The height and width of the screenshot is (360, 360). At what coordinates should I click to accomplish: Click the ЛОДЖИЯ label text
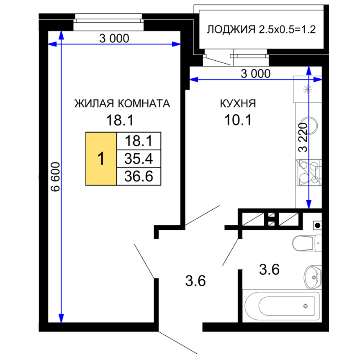click(231, 30)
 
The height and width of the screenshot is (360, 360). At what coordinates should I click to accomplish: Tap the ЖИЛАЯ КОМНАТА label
click(122, 103)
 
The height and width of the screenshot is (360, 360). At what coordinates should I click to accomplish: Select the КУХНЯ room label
click(238, 103)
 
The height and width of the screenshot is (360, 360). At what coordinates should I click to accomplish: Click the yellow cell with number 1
click(101, 159)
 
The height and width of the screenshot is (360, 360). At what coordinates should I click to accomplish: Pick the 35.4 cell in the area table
click(139, 159)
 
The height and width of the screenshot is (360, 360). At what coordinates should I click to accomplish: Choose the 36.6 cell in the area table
click(139, 176)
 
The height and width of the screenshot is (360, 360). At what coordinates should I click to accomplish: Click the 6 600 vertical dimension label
click(56, 177)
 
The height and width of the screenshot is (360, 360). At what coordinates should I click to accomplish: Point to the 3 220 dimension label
click(303, 137)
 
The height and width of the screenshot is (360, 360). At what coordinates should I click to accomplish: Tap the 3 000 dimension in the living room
click(114, 39)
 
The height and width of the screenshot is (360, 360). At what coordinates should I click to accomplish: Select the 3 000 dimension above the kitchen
click(255, 74)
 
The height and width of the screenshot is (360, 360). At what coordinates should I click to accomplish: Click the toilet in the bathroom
click(307, 243)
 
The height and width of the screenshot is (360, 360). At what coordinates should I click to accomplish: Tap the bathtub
click(282, 306)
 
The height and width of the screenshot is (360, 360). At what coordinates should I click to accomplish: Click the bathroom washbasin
click(313, 278)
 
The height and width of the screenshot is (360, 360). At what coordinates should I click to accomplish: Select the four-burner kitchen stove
click(309, 172)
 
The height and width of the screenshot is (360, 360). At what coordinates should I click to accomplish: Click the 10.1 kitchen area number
click(238, 120)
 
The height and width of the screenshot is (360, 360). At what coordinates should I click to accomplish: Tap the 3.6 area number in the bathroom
click(269, 269)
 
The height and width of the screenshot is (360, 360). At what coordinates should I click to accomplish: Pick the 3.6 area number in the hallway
click(195, 281)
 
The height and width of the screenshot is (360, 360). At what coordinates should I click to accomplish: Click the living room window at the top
click(108, 22)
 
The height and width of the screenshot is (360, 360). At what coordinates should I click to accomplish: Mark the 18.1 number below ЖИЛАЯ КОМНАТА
click(120, 120)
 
